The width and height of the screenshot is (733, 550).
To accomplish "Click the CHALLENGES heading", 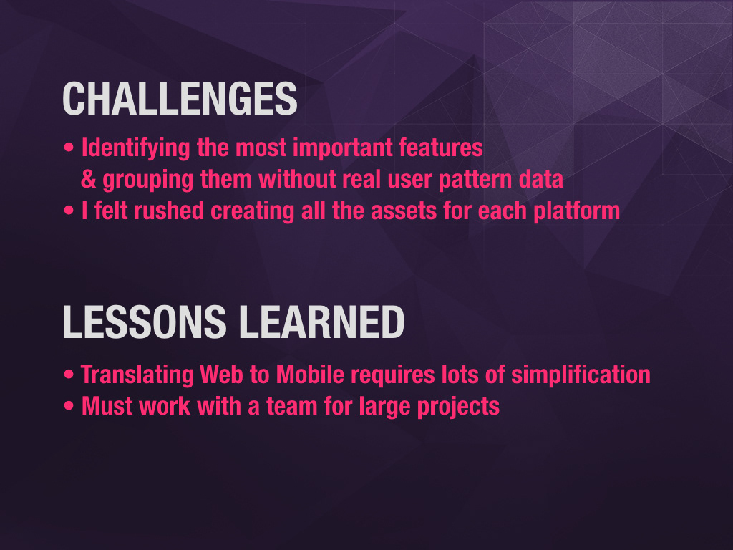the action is pyautogui.click(x=180, y=99).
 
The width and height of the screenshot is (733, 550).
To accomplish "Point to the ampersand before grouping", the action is pyautogui.click(x=88, y=179).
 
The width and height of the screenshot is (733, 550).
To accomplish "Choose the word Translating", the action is pyautogui.click(x=137, y=375).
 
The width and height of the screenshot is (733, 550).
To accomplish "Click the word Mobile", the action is pyautogui.click(x=310, y=375).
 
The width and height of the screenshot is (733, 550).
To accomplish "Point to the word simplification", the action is pyautogui.click(x=581, y=375).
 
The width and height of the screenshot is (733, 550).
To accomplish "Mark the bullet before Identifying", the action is pyautogui.click(x=69, y=148).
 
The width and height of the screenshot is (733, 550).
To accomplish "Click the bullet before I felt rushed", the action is pyautogui.click(x=69, y=211).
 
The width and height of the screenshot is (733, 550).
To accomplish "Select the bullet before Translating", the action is pyautogui.click(x=69, y=375).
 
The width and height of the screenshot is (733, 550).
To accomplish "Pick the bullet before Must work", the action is pyautogui.click(x=69, y=406).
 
